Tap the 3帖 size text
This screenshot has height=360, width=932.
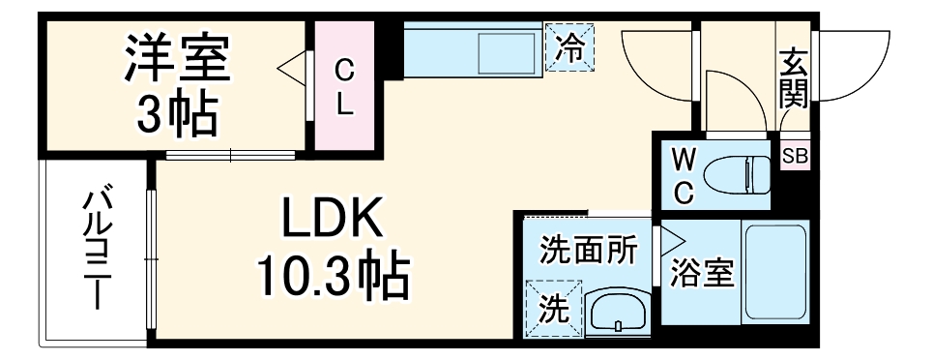[176, 113]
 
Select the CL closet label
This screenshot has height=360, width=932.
[343, 86]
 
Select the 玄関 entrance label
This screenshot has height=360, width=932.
[793, 77]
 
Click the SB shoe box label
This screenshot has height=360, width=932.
[795, 155]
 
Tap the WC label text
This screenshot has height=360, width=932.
[683, 174]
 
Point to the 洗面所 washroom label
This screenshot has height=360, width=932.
[589, 251]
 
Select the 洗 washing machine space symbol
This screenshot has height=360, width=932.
[552, 308]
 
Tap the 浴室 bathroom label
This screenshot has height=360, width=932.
[702, 275]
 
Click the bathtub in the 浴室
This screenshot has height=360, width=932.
[775, 275]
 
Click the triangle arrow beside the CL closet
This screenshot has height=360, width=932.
[292, 70]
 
